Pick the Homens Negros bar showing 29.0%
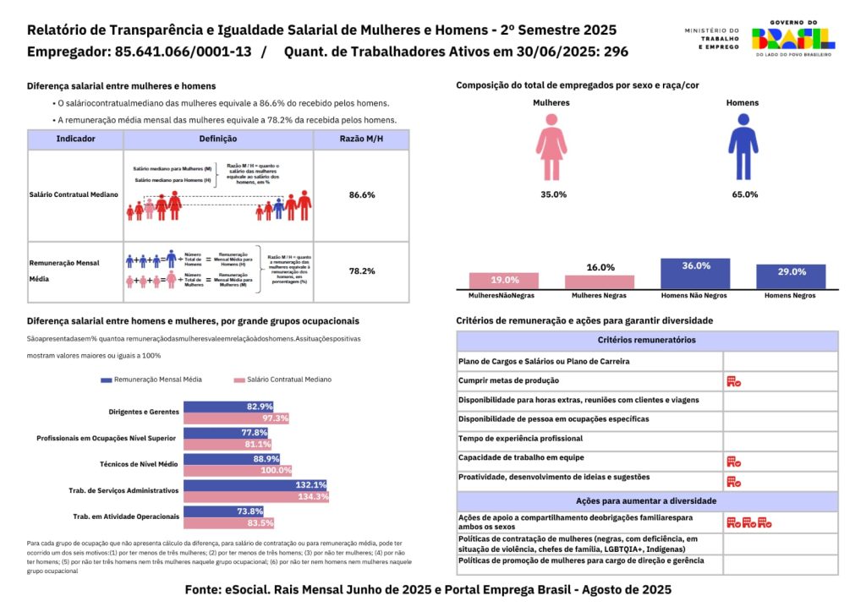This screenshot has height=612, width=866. click(791, 277)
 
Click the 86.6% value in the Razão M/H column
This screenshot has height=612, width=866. click(361, 195)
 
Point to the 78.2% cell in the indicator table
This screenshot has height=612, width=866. click(361, 271)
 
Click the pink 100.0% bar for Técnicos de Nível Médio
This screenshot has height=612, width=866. click(238, 470)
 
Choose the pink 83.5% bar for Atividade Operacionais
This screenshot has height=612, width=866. click(229, 523)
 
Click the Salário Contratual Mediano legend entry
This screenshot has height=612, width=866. click(283, 380)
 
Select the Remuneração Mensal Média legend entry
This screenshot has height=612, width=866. click(151, 380)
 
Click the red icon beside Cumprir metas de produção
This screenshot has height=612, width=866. click(733, 381)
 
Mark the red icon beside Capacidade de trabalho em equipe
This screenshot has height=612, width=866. click(733, 462)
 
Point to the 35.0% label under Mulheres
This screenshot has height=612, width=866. click(553, 194)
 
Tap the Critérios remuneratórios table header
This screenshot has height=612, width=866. click(647, 341)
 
